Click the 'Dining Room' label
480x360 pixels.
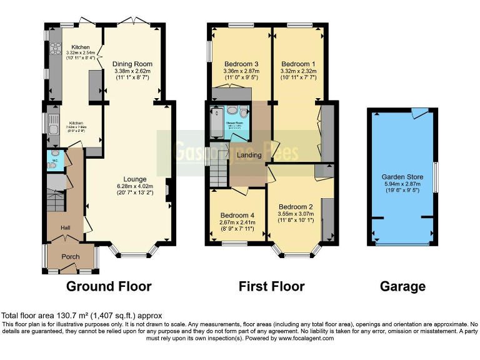132,64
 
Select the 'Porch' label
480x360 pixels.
70,256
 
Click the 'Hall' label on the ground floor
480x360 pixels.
66,228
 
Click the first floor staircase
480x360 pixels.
219,172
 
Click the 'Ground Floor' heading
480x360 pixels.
109,287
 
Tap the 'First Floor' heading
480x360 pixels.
272,287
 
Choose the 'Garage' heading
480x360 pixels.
403,287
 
